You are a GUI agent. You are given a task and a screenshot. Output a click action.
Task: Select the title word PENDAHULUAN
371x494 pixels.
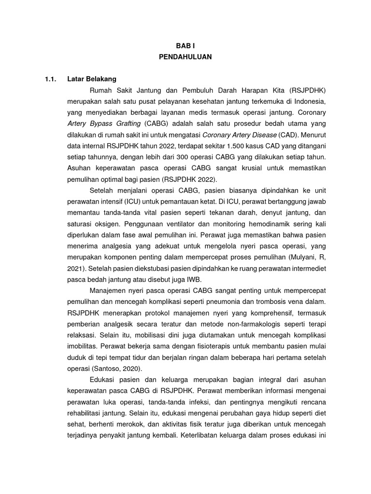click(x=185, y=56)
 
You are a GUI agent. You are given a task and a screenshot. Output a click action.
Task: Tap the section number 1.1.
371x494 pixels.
click(x=51, y=79)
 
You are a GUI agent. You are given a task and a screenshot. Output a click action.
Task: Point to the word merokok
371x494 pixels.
click(x=119, y=425)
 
